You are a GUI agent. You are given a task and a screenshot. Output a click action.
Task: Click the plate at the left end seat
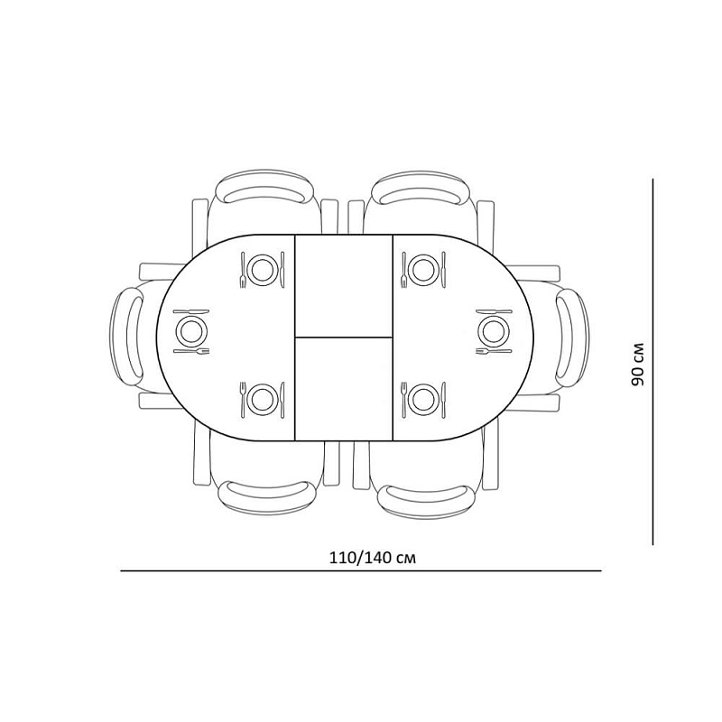(190, 330)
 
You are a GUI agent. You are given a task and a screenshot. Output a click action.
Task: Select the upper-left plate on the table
(263, 269)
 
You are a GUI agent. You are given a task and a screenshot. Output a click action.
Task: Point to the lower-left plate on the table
(263, 397)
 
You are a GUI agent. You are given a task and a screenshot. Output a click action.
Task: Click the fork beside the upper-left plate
(243, 269)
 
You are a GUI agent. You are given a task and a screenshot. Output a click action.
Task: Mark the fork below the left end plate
(191, 350)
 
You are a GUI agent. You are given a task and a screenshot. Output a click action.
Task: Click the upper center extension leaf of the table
(344, 284)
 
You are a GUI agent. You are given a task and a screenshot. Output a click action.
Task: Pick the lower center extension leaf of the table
(344, 388)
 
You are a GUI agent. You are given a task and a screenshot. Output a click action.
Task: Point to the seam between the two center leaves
(344, 337)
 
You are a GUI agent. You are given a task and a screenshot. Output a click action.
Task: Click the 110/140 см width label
(360, 557)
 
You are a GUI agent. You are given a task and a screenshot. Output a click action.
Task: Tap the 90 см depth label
(638, 364)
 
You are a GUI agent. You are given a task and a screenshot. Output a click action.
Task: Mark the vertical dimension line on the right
(653, 361)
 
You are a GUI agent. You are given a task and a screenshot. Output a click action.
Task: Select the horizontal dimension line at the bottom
(361, 571)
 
